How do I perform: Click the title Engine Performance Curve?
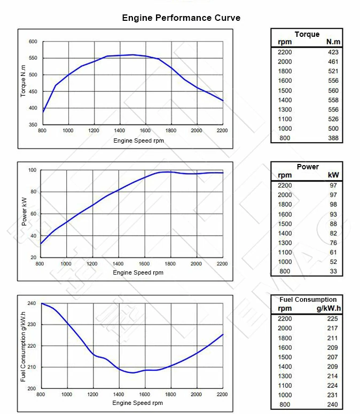pyautogui.click(x=181, y=18)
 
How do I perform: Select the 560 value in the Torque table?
pyautogui.click(x=333, y=91)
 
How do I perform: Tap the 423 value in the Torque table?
pyautogui.click(x=333, y=52)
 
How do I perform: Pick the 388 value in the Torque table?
pyautogui.click(x=333, y=138)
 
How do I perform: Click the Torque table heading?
pyautogui.click(x=307, y=34)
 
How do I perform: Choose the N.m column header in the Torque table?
pyautogui.click(x=333, y=42)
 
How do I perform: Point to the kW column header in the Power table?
pyautogui.click(x=333, y=175)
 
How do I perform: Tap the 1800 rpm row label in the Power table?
pyautogui.click(x=285, y=205)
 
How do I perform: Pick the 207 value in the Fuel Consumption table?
pyautogui.click(x=333, y=357)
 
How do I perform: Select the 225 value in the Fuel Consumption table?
pyautogui.click(x=333, y=318)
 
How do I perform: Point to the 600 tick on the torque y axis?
pyautogui.click(x=33, y=42)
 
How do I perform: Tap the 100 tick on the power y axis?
pyautogui.click(x=32, y=170)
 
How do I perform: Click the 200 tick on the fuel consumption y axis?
pyautogui.click(x=32, y=389)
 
